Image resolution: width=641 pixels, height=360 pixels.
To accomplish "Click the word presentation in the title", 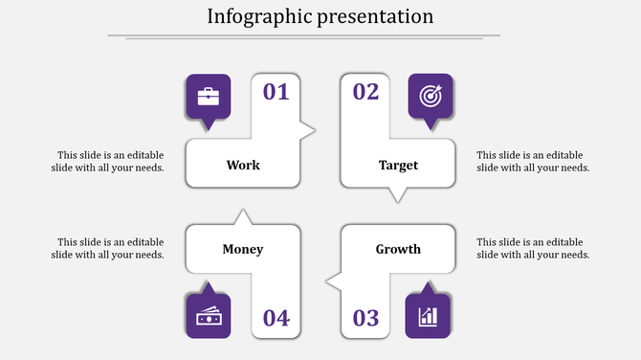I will (x=373, y=16).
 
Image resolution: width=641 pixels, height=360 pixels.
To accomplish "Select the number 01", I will (x=276, y=92).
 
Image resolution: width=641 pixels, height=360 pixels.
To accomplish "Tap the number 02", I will (x=365, y=92).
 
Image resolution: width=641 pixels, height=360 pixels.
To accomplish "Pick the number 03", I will (x=365, y=318).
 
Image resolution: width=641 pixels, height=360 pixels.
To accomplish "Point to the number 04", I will (x=276, y=318).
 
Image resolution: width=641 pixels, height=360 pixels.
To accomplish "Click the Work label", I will (x=243, y=165).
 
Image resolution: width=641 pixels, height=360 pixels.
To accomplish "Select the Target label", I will (x=398, y=165).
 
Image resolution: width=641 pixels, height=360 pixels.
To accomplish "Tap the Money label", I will (x=243, y=249).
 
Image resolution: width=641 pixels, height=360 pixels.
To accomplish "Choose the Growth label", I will (x=398, y=249).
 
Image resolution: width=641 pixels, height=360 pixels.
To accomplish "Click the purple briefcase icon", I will (x=208, y=96).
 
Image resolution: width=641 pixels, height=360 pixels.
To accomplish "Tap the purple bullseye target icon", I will (x=430, y=96).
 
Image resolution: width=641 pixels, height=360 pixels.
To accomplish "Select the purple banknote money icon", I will (x=208, y=316).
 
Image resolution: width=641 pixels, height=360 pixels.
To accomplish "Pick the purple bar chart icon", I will (x=429, y=316).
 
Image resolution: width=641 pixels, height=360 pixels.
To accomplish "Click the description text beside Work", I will (x=108, y=161).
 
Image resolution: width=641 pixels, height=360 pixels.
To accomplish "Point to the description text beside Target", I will (x=533, y=161).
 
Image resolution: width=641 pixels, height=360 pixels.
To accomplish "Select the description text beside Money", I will (x=108, y=248).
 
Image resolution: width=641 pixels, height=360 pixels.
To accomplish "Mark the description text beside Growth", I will (x=533, y=248).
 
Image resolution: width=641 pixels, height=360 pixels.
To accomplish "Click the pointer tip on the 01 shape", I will (x=313, y=129).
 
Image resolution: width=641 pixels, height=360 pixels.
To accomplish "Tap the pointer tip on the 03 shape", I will (x=328, y=281).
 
